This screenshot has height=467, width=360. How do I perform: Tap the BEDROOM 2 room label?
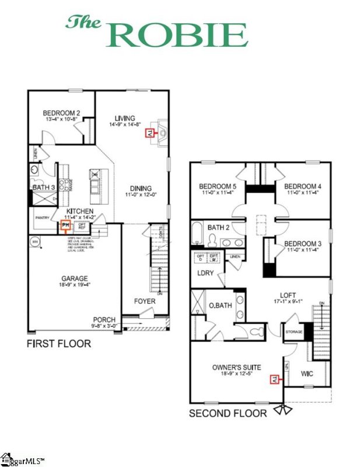click(61, 113)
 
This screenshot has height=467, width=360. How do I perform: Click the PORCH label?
click(103, 319)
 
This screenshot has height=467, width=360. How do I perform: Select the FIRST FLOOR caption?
click(59, 343)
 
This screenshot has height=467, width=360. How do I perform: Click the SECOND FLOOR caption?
click(228, 413)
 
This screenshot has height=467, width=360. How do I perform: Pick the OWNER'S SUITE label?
click(236, 367)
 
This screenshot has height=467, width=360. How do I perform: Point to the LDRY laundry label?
click(204, 273)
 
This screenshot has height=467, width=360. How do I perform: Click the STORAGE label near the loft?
click(293, 333)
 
